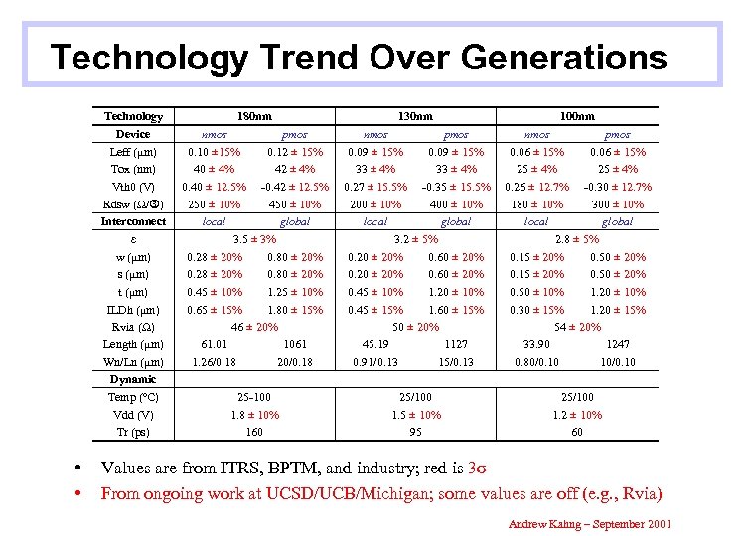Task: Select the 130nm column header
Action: click(415, 116)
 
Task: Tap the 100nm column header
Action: click(576, 116)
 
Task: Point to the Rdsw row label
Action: click(133, 204)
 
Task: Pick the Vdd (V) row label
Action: click(133, 415)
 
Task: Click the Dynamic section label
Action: click(133, 379)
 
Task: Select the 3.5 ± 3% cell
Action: click(254, 239)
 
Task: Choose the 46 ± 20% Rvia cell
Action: click(254, 327)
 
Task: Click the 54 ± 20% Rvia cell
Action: click(577, 327)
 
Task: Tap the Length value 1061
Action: click(295, 344)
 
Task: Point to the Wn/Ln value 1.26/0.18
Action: click(214, 362)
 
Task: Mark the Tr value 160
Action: click(254, 432)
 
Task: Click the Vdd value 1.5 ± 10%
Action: click(416, 415)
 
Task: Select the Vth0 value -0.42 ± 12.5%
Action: click(295, 187)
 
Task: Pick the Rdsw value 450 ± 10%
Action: click(295, 204)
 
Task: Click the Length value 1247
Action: click(618, 344)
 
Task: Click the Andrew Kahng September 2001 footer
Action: click(588, 523)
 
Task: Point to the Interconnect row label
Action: click(133, 221)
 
